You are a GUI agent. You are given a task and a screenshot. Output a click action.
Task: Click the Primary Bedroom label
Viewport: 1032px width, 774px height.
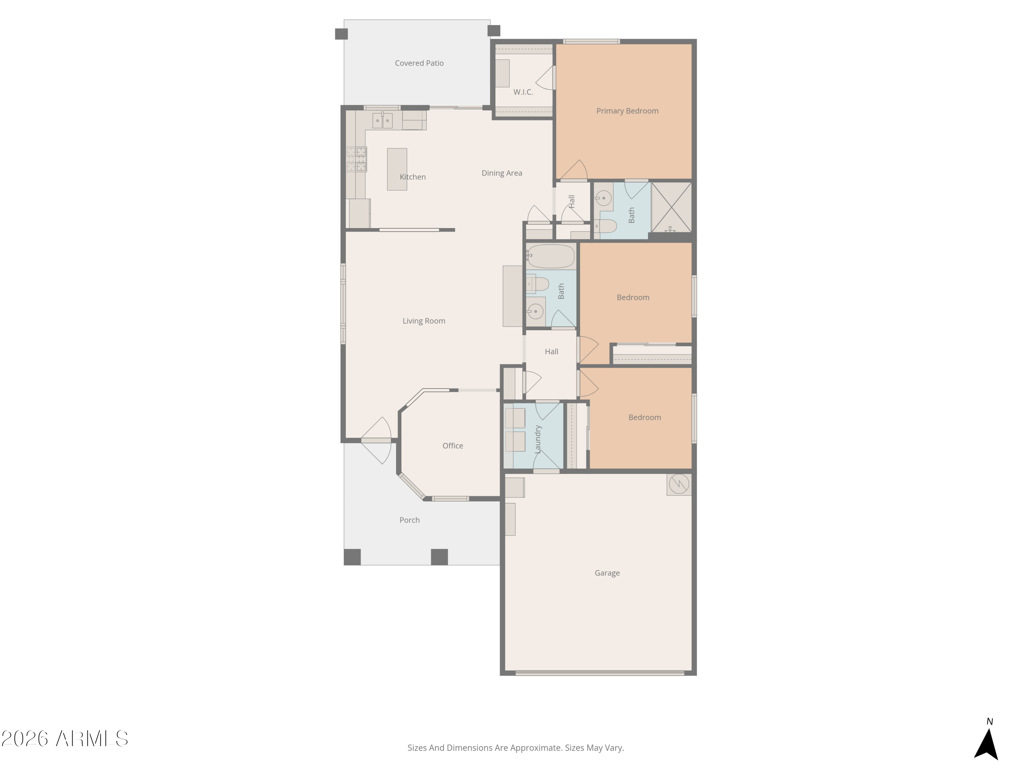[627, 111]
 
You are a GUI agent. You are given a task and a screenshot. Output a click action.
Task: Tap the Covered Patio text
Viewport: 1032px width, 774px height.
[419, 63]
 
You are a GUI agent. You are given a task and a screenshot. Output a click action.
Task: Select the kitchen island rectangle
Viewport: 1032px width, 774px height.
[397, 169]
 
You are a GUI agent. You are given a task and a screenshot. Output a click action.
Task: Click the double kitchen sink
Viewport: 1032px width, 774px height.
[382, 120]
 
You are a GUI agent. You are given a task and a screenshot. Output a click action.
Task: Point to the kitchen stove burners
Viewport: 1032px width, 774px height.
[356, 159]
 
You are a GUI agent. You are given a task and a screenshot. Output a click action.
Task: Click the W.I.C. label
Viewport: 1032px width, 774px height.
[523, 92]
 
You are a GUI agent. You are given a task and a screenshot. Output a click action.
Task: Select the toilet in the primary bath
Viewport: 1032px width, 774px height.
[607, 227]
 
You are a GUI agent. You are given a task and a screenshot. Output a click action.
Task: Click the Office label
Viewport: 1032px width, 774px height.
[453, 445]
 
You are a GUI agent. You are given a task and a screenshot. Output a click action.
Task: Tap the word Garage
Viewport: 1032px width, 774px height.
[607, 573]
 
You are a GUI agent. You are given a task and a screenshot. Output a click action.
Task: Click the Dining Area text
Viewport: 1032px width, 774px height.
[502, 173]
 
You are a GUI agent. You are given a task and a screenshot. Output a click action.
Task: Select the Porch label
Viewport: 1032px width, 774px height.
[409, 520]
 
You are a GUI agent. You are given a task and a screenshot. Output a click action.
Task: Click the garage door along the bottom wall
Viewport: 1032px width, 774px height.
[600, 673]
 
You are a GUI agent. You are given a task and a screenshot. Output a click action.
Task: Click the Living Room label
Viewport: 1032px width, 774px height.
[423, 321]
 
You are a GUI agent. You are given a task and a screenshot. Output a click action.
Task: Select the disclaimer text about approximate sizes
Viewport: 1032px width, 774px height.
[516, 748]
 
